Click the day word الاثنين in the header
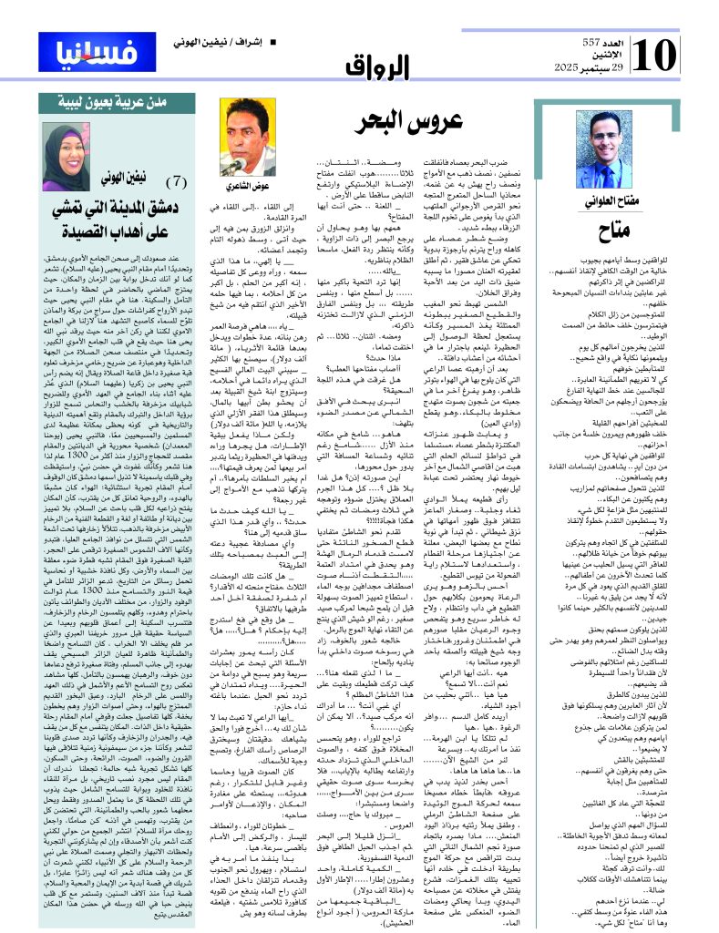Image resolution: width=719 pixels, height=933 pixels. click(613, 58)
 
